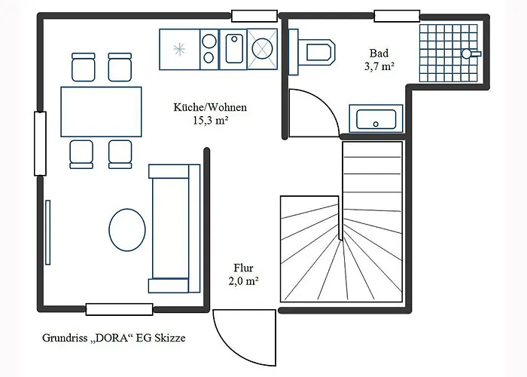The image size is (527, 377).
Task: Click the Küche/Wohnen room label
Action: [x=210, y=107]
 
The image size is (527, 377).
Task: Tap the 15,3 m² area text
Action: [x=211, y=120]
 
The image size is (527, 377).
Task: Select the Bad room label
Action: [x=379, y=54]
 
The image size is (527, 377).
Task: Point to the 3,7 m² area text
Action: [x=379, y=66]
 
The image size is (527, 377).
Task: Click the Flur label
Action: [x=244, y=268]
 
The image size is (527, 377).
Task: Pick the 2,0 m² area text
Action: [x=244, y=281]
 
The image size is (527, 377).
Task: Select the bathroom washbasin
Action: [x=376, y=119]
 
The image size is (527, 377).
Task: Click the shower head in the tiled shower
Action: [x=468, y=54]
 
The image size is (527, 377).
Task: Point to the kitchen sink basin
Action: [x=234, y=49]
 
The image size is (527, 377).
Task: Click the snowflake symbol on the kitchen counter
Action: [x=179, y=50]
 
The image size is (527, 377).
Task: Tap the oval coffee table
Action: [x=127, y=230]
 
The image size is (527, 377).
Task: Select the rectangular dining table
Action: [x=101, y=112]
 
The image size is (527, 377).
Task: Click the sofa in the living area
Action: [x=174, y=228]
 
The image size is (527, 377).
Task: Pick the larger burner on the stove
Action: [x=209, y=41]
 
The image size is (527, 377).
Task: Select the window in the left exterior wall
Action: [x=41, y=144]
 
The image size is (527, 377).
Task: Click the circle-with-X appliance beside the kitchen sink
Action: [x=263, y=49]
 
